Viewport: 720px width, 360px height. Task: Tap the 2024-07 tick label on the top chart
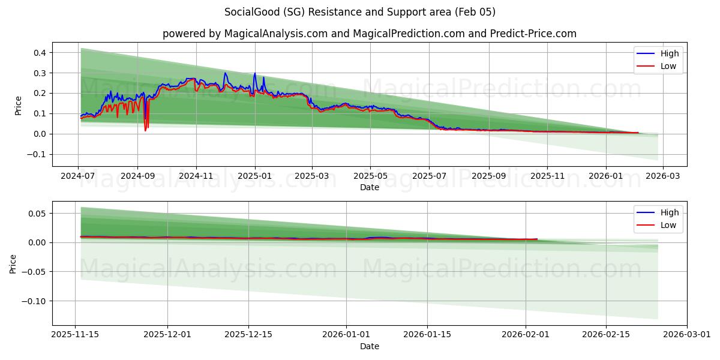tap(78, 176)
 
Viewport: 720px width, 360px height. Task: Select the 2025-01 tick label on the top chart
tap(254, 176)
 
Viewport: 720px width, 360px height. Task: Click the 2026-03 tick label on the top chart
tap(662, 176)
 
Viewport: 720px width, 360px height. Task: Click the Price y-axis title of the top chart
tap(18, 105)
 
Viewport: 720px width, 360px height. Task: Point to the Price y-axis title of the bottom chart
tap(13, 263)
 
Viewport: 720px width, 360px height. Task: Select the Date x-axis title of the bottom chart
tap(370, 346)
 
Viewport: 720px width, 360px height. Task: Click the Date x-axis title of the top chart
tap(370, 187)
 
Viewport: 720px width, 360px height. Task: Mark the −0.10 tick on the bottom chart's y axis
tap(35, 301)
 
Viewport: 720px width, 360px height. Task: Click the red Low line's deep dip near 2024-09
tap(145, 130)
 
